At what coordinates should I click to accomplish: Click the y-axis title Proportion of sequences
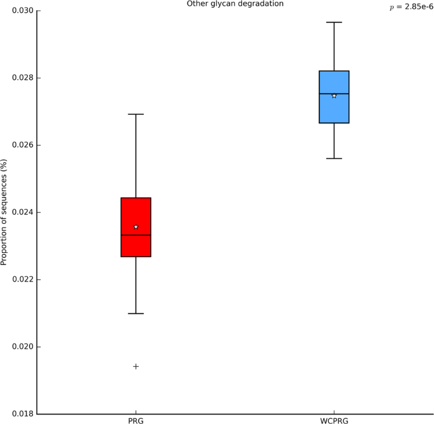point(5,212)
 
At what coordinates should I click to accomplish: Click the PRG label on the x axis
point(136,421)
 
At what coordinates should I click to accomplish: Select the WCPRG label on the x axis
point(334,421)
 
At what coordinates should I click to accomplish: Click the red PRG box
point(136,244)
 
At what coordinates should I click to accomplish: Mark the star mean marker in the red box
point(136,227)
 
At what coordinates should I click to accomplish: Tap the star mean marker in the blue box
point(334,96)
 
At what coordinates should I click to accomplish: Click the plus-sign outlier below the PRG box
point(136,366)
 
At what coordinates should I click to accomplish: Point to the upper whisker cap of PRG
point(136,114)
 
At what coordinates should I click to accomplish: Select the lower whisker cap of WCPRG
point(334,158)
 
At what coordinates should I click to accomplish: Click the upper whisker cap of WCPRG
point(334,22)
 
